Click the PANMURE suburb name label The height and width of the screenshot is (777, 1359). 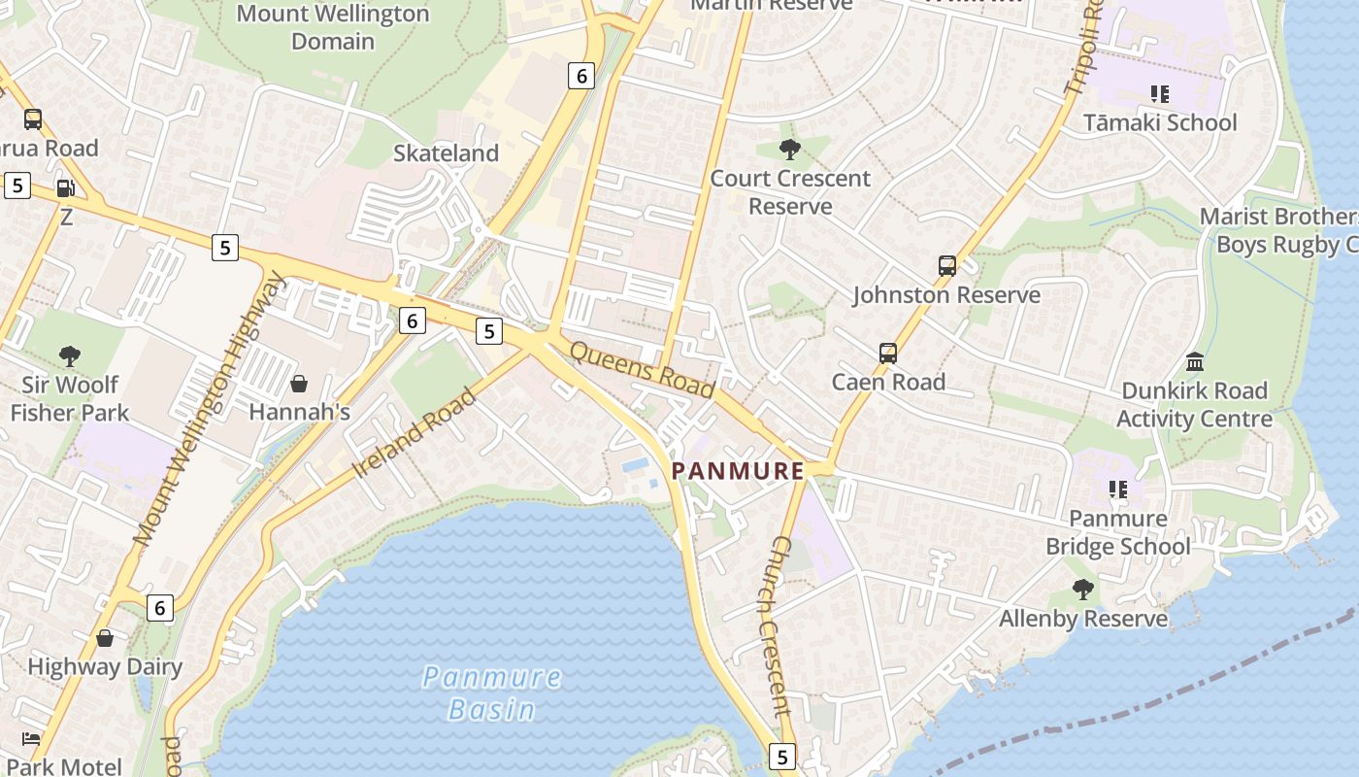point(739,471)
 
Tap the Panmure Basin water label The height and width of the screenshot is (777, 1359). point(492,693)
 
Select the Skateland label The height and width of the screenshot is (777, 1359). point(446,153)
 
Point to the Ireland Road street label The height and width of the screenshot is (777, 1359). point(415,432)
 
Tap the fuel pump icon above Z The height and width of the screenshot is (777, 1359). point(65,188)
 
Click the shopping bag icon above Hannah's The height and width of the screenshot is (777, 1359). point(299,384)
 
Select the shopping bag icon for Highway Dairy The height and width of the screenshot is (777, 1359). point(105,638)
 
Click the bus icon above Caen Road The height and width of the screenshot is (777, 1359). point(888,354)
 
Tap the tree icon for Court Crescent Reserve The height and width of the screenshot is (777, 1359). point(790,150)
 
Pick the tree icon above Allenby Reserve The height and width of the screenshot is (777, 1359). point(1083,590)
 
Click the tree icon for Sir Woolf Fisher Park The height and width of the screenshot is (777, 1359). point(69,356)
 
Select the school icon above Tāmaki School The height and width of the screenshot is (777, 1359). point(1159,94)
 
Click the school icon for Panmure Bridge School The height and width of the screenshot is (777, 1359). point(1118,490)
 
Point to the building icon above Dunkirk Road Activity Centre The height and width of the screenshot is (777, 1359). point(1195,362)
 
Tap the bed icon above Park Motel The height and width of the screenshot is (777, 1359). point(32,738)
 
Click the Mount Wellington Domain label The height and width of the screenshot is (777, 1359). point(333,27)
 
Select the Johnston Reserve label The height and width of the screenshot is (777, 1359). point(946,295)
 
